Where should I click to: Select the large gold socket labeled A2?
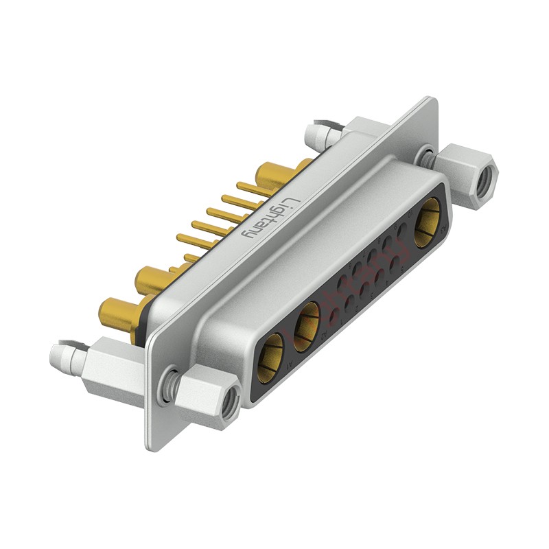click(307, 322)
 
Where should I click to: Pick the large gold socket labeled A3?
click(427, 223)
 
